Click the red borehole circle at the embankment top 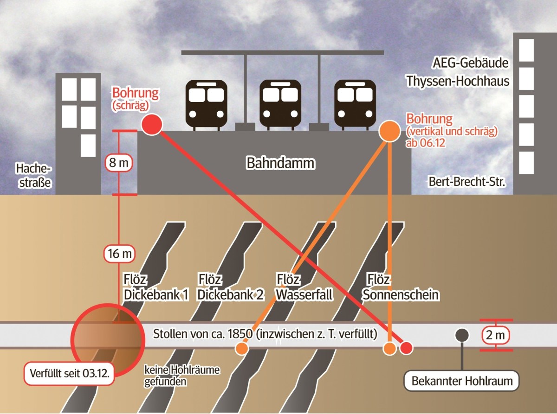[x=151, y=125]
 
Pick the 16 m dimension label [x=119, y=254]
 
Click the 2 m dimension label [x=496, y=335]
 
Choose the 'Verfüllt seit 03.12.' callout [x=69, y=373]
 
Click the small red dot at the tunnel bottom [x=406, y=348]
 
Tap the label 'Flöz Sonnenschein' [x=401, y=287]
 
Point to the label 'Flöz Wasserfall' [x=304, y=287]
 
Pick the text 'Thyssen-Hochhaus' [x=458, y=81]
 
